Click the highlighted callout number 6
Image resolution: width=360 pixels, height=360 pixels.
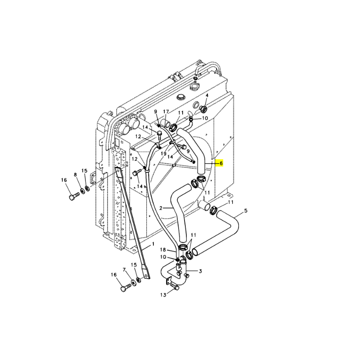coord(221,163)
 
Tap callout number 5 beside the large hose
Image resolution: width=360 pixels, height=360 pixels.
coord(246,211)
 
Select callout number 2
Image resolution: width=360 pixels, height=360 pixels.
coord(161,208)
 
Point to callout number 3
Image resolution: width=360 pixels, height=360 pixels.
coord(200,271)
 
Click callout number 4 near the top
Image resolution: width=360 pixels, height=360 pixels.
coord(207,95)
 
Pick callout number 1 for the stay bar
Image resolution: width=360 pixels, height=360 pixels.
coord(153,244)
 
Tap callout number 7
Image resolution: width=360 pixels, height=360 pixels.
coord(124,270)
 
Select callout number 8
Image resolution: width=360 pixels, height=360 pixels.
coord(75,175)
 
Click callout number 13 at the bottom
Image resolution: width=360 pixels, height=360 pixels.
coord(163,295)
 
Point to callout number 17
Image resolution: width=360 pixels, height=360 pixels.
coord(166,112)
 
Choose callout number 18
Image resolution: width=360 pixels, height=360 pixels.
coord(163,250)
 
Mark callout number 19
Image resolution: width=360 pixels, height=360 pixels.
coord(163,153)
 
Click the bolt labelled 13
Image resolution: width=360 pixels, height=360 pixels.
coord(175,286)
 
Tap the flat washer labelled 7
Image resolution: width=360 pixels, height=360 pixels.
coord(133,282)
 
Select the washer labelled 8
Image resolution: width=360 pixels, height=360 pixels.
coord(82,190)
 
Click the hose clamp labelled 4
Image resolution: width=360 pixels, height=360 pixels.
coord(203,109)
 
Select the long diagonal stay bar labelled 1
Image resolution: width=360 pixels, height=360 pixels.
coord(132,222)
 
